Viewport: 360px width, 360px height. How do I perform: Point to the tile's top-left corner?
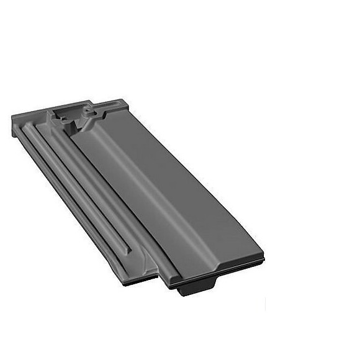13,116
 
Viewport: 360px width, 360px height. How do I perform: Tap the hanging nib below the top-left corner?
13,130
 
